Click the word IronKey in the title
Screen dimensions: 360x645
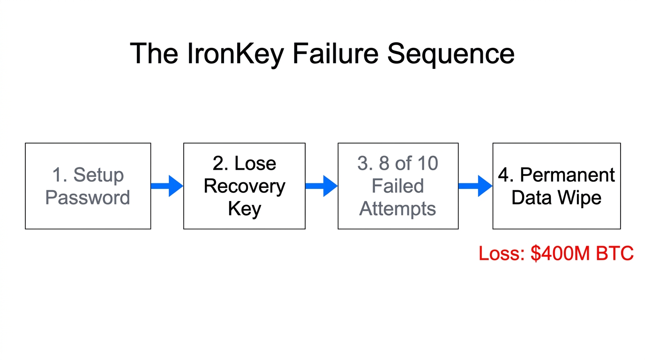pyautogui.click(x=235, y=53)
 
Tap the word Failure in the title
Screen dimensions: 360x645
pyautogui.click(x=336, y=53)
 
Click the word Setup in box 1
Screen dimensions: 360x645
pyautogui.click(x=98, y=175)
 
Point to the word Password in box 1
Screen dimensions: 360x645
pyautogui.click(x=88, y=197)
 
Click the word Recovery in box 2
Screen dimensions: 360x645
pyautogui.click(x=244, y=186)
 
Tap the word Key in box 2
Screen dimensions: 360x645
pyautogui.click(x=244, y=209)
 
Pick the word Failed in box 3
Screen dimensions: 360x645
pyautogui.click(x=397, y=186)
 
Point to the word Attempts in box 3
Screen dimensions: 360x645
pyautogui.click(x=397, y=209)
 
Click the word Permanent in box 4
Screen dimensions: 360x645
pyautogui.click(x=567, y=175)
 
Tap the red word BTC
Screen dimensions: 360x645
pyautogui.click(x=615, y=254)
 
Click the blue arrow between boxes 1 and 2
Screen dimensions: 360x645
pyautogui.click(x=167, y=186)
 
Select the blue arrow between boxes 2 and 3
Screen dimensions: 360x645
pyautogui.click(x=321, y=186)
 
